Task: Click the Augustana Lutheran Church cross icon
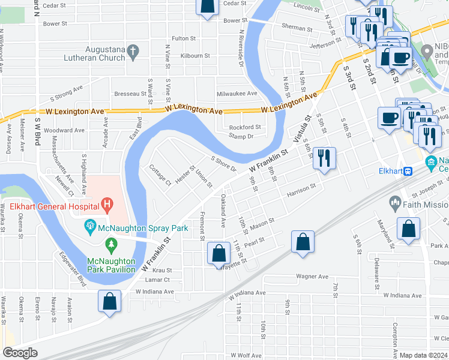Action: click(133, 53)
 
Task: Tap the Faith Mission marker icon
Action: click(395, 203)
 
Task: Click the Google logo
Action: click(20, 353)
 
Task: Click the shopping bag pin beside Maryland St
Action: click(408, 229)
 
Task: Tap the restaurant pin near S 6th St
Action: click(324, 158)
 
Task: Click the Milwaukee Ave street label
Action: click(237, 94)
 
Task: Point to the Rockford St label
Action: click(245, 127)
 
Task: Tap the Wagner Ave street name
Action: click(312, 277)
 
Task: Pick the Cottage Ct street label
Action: click(160, 175)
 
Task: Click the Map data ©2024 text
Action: click(424, 355)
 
